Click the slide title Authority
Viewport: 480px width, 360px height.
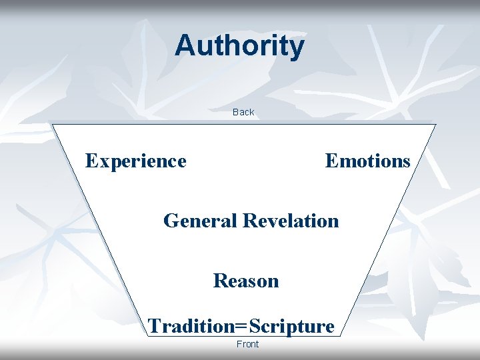coord(239,46)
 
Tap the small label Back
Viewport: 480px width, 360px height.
coord(243,112)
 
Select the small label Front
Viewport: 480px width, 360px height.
coord(247,344)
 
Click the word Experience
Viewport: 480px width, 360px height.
coord(136,161)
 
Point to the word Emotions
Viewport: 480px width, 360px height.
coord(367,161)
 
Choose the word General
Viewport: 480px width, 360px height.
coord(201,220)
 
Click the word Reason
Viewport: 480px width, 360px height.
coord(246,281)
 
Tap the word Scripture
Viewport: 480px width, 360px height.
coord(291,327)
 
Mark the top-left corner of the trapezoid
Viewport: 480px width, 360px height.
coord(53,124)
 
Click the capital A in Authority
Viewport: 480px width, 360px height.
coord(185,45)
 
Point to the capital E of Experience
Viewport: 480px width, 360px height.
coord(92,161)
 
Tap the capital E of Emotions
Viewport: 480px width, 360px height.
coord(331,161)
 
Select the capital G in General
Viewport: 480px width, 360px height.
coord(171,220)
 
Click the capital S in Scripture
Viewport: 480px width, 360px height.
coord(254,326)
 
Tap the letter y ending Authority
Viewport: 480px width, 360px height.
coord(297,48)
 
